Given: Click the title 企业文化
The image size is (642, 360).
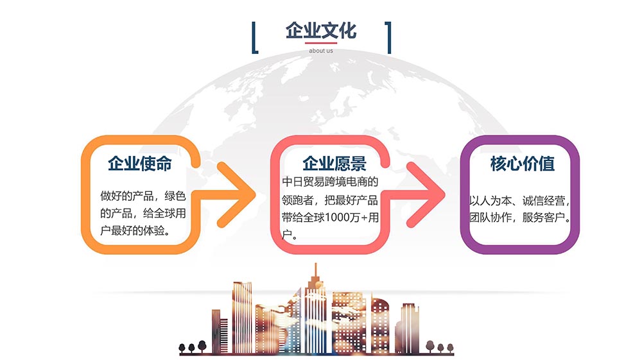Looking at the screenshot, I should coord(320,31).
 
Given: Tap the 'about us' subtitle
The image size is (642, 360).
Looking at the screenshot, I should coord(321,51).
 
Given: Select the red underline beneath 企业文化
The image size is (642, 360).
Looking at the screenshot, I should coord(321,43).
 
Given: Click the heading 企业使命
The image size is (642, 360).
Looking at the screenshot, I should coord(140,164).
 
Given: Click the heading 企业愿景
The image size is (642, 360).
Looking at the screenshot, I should coord(334,164).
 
